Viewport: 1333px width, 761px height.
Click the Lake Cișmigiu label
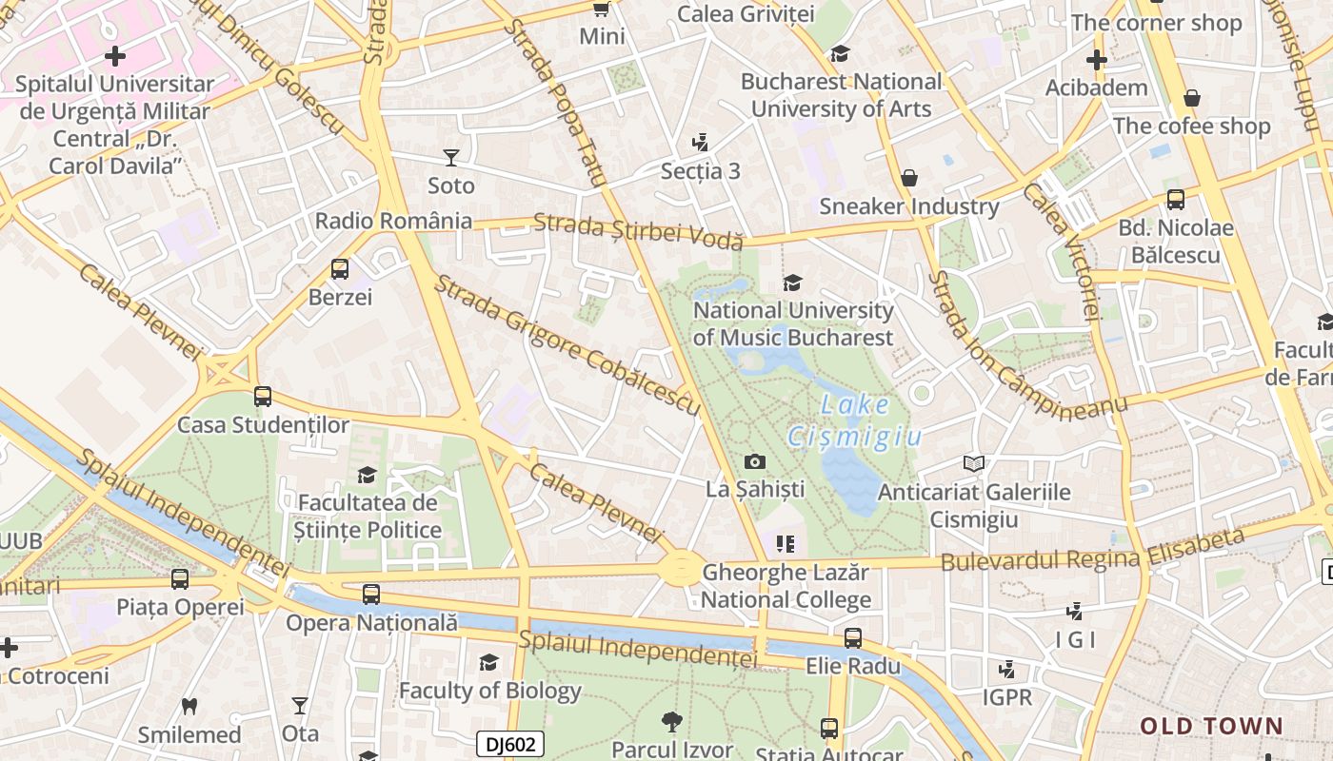tap(855, 420)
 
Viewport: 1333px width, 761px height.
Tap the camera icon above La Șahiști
tap(755, 462)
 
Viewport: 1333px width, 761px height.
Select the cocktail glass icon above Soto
tap(451, 158)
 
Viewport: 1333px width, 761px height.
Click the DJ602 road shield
tap(510, 744)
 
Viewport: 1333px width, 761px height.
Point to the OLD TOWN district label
tap(1212, 727)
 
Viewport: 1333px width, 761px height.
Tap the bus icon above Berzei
tap(340, 269)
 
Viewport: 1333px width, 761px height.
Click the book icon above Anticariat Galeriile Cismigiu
tap(973, 464)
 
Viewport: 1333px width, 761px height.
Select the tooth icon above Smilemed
tap(189, 707)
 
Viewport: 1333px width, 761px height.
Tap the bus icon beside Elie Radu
tap(853, 638)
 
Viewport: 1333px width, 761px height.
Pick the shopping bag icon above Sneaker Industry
tap(909, 178)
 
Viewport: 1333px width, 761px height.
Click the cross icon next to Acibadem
tap(1096, 61)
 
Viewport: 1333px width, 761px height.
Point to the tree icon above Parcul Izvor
tap(672, 722)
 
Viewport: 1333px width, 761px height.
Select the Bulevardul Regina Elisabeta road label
tap(1092, 551)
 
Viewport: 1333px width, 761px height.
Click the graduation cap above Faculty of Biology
tap(489, 663)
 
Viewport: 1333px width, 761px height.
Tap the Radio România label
tap(393, 221)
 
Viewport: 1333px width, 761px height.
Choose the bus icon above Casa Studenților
tap(263, 397)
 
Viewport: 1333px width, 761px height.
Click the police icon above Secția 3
tap(700, 143)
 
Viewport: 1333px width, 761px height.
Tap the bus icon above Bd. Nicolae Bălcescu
tap(1176, 200)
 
